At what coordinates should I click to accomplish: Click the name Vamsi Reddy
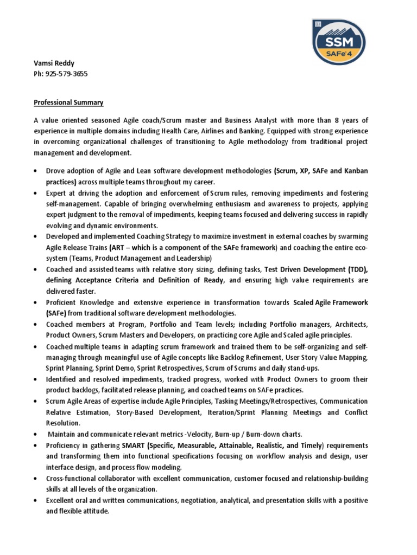(x=53, y=63)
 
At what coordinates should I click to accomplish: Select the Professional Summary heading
(x=69, y=102)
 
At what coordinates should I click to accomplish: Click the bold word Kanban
(x=356, y=171)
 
